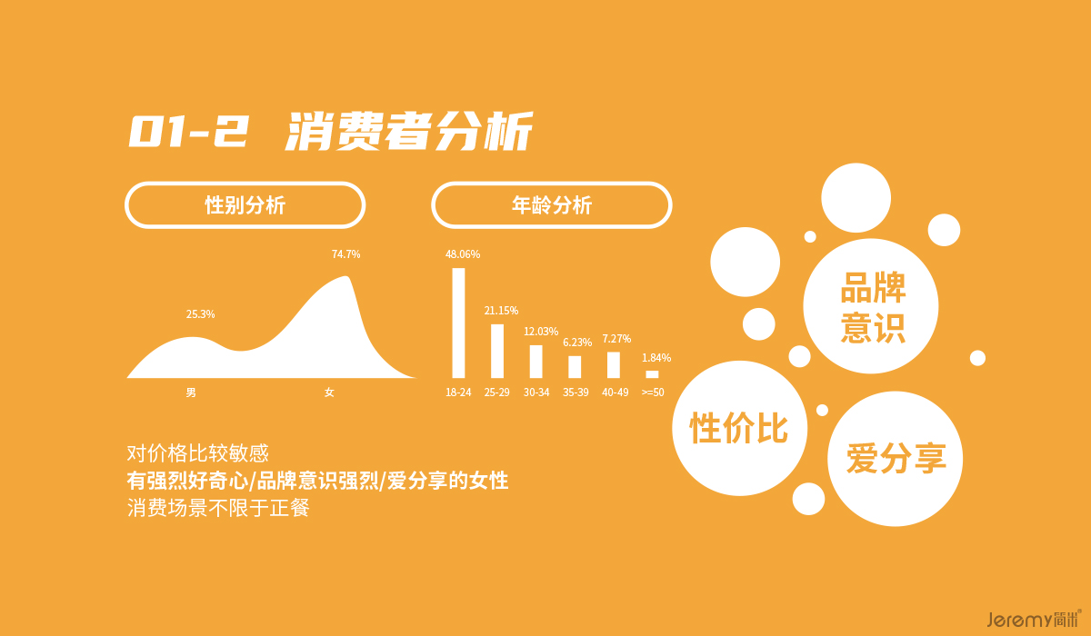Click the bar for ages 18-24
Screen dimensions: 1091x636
click(x=458, y=323)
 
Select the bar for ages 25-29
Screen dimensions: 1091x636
click(x=496, y=351)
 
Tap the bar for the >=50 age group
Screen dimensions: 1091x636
click(x=652, y=374)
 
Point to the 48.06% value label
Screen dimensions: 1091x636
click(x=463, y=254)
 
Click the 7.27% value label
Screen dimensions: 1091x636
click(x=616, y=339)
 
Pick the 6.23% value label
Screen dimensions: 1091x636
click(x=577, y=343)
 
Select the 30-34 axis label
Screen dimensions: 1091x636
click(x=536, y=393)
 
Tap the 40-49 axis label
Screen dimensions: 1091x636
click(x=616, y=393)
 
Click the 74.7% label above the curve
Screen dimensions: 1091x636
click(x=345, y=254)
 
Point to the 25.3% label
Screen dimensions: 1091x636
click(x=200, y=314)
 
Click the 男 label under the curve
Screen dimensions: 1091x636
click(x=191, y=393)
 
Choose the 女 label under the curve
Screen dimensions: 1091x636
click(x=329, y=393)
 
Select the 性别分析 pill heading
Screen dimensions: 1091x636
click(x=245, y=204)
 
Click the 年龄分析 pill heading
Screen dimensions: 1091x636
click(x=551, y=204)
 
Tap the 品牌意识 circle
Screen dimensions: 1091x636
click(x=871, y=306)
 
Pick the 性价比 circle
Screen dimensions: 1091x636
click(x=740, y=428)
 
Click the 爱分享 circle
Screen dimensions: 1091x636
click(x=896, y=459)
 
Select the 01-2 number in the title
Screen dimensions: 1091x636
click(x=189, y=131)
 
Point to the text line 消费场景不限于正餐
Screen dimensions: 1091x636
click(x=218, y=508)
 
